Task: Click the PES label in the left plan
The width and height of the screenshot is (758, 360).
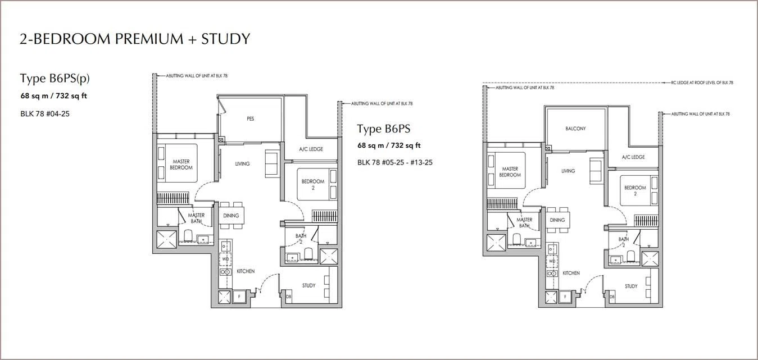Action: [251, 119]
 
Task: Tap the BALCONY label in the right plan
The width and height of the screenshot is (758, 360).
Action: [575, 129]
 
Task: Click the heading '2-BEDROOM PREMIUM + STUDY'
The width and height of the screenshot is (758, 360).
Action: [135, 39]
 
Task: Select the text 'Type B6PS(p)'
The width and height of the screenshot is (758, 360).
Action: [55, 78]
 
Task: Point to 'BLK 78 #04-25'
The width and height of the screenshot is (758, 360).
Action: [45, 113]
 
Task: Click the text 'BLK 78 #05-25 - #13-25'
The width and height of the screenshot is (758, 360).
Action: [395, 162]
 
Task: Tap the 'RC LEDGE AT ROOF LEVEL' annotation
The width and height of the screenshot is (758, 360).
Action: [702, 83]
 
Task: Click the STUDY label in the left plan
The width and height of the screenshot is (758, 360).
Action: [308, 285]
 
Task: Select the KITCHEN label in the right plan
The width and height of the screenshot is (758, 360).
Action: [571, 273]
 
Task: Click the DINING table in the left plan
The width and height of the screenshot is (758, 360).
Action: [231, 216]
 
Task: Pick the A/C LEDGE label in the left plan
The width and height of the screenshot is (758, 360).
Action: [311, 149]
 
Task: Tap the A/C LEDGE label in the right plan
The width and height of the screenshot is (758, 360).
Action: [633, 157]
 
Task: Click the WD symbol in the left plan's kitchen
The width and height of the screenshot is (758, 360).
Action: [226, 259]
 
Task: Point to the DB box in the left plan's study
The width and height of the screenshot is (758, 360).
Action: [288, 297]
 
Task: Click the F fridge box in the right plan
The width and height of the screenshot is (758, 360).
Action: [565, 297]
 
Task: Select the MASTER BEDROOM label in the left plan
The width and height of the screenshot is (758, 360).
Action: [181, 165]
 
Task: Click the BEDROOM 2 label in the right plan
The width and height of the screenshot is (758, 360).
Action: [635, 190]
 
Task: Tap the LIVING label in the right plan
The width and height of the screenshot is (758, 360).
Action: [568, 171]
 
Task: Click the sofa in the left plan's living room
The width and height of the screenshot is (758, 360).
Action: [272, 163]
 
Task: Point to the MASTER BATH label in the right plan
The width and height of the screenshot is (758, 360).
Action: [524, 222]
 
